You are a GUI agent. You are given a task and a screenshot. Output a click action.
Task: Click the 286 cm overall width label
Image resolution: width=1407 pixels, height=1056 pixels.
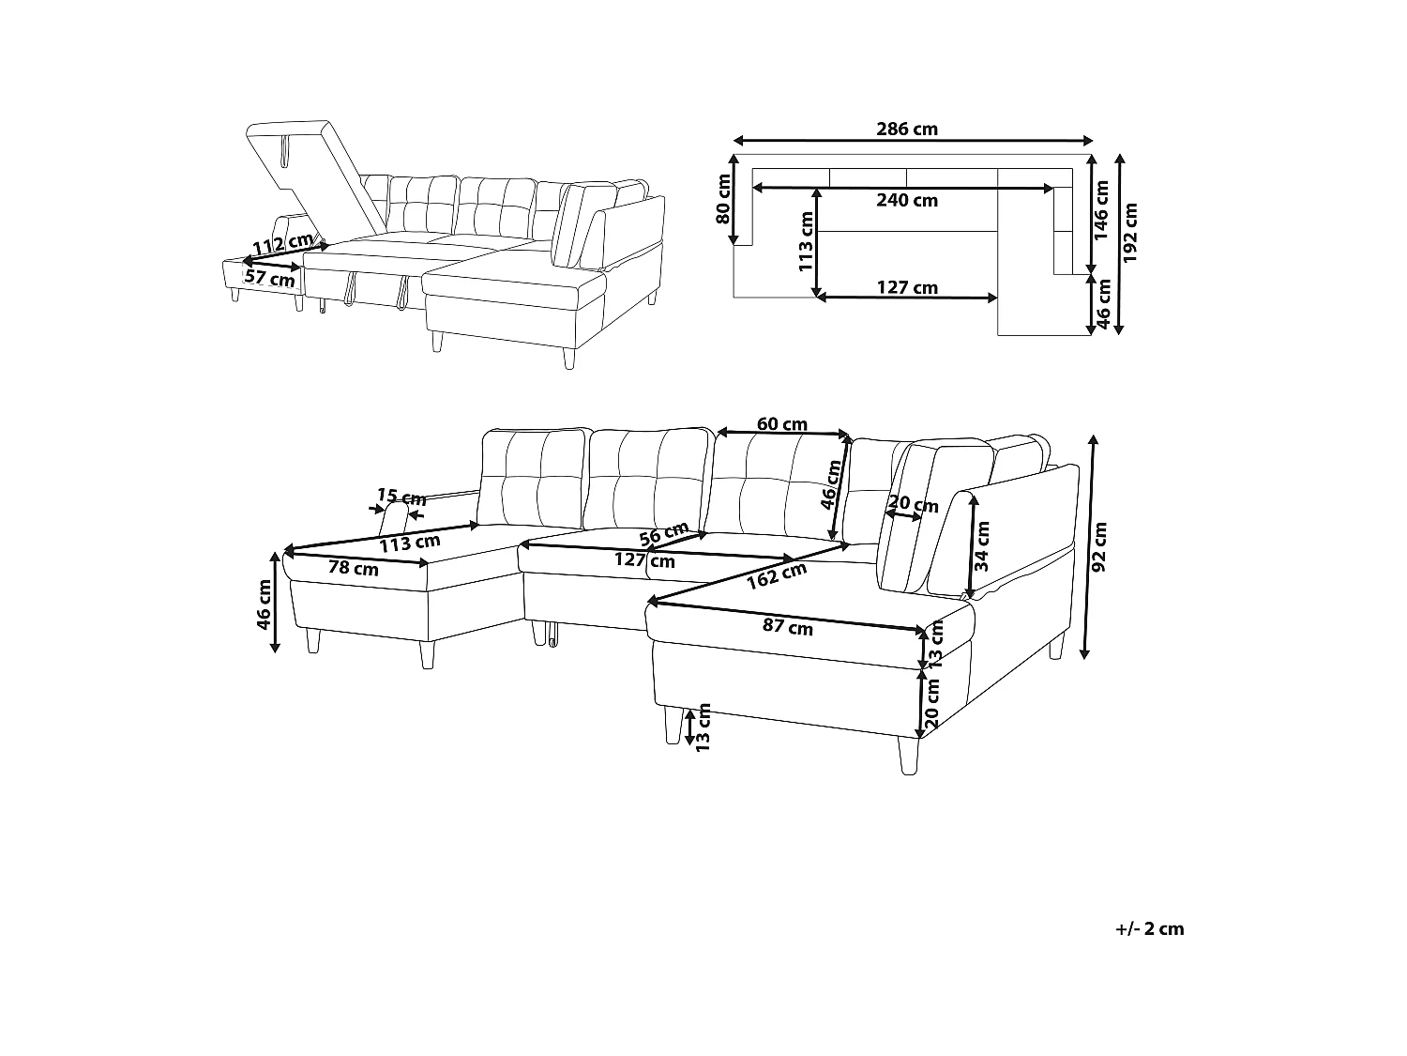[907, 130]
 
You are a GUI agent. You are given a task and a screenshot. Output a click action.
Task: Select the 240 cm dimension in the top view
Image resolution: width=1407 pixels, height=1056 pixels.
[907, 200]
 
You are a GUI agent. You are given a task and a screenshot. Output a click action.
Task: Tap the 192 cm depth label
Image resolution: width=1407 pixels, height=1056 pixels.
[1130, 235]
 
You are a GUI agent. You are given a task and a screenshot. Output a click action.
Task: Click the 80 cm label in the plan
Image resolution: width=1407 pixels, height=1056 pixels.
[723, 199]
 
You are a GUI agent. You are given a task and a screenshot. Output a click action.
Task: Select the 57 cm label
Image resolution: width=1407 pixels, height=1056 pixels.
[269, 278]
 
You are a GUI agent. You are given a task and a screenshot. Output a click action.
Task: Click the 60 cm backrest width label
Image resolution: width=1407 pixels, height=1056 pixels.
[782, 424]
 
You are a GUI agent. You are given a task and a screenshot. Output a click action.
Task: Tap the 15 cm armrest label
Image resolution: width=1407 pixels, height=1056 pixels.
[401, 497]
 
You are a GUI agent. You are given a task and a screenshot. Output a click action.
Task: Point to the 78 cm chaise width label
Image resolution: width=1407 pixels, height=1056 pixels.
[354, 568]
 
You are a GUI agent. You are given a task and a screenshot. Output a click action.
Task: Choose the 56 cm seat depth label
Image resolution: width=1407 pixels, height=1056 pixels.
[663, 534]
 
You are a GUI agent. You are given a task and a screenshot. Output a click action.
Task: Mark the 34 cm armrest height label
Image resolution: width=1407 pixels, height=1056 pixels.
[982, 546]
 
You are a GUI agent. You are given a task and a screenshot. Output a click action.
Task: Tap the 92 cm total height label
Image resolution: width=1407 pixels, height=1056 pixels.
[1101, 546]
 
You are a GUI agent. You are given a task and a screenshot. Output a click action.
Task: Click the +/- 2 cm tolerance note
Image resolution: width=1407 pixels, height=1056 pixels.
[1150, 929]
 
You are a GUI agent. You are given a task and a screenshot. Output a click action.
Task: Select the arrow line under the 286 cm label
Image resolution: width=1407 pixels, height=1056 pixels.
[914, 142]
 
